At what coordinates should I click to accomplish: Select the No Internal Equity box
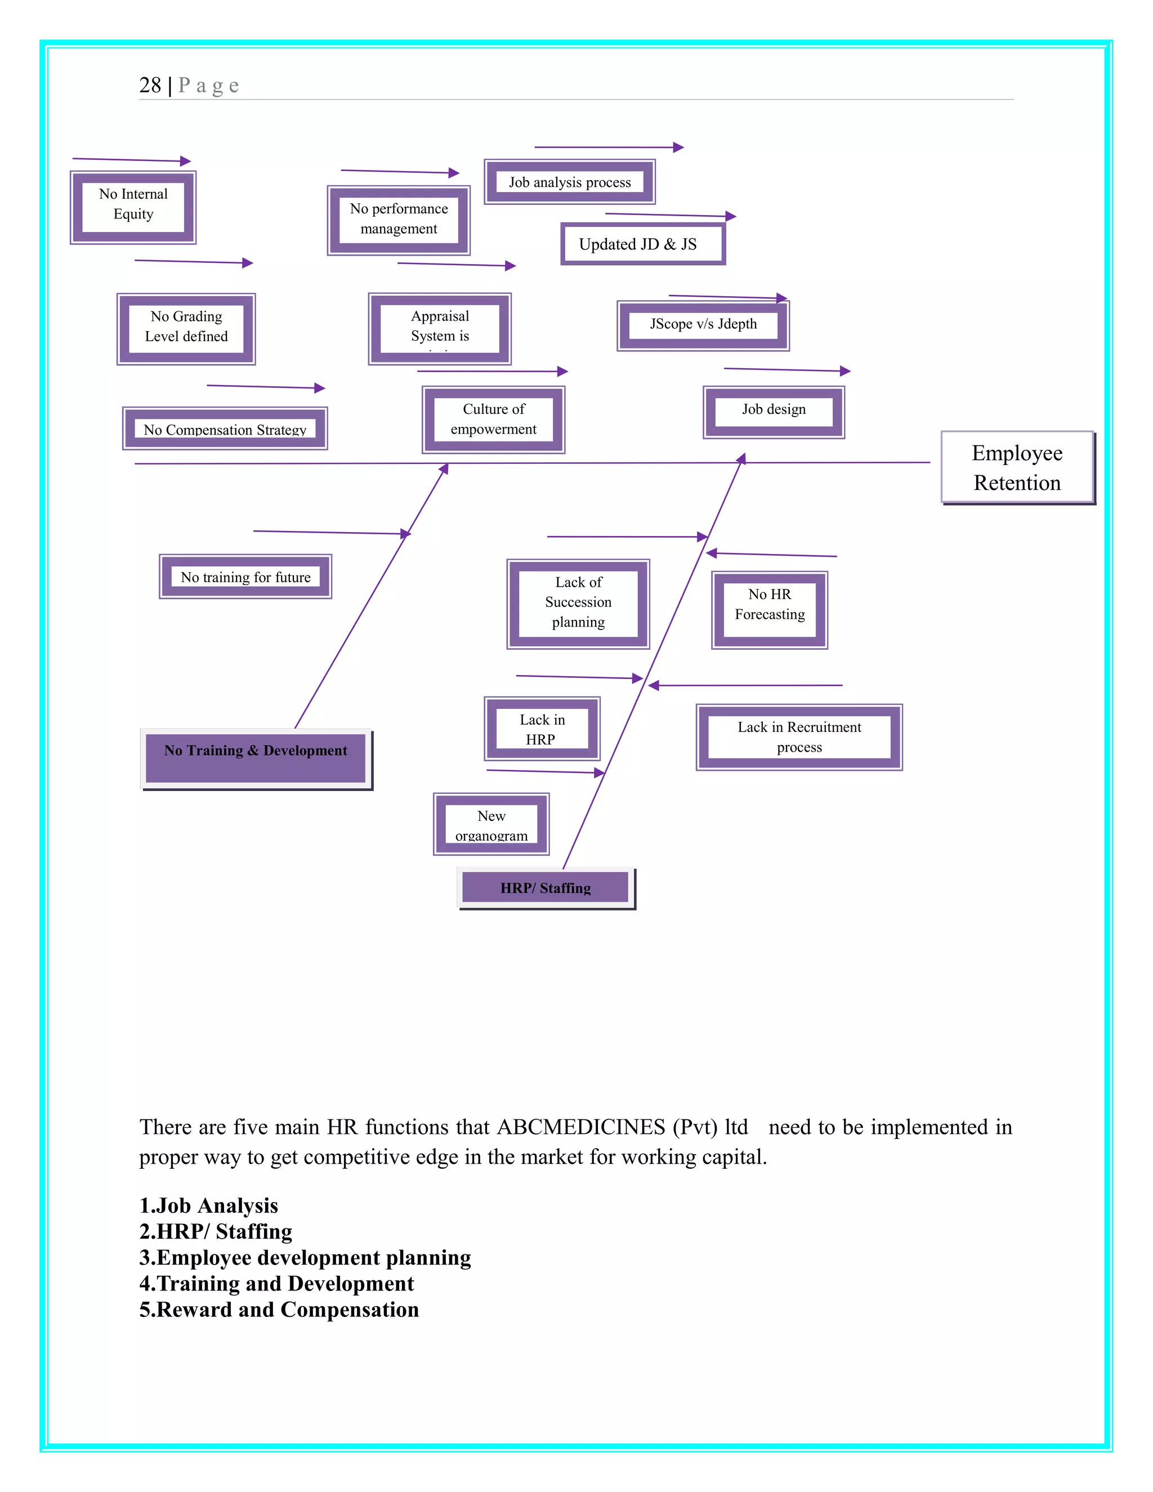click(x=133, y=207)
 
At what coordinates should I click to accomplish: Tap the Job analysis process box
click(x=569, y=182)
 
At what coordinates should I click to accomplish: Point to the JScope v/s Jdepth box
click(x=703, y=324)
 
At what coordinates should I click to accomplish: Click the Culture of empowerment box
click(x=493, y=419)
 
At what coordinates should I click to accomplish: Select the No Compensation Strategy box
click(x=225, y=429)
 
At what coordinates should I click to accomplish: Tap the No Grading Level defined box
click(x=186, y=329)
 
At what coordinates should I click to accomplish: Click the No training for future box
click(x=245, y=577)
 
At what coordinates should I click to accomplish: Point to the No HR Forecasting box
click(x=769, y=609)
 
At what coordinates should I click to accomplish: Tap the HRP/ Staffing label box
click(x=545, y=887)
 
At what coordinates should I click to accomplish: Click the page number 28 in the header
click(x=150, y=86)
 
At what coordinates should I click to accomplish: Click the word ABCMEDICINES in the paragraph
click(x=580, y=1127)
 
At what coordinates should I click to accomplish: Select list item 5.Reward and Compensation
click(x=279, y=1310)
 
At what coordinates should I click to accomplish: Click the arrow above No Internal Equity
click(x=131, y=160)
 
